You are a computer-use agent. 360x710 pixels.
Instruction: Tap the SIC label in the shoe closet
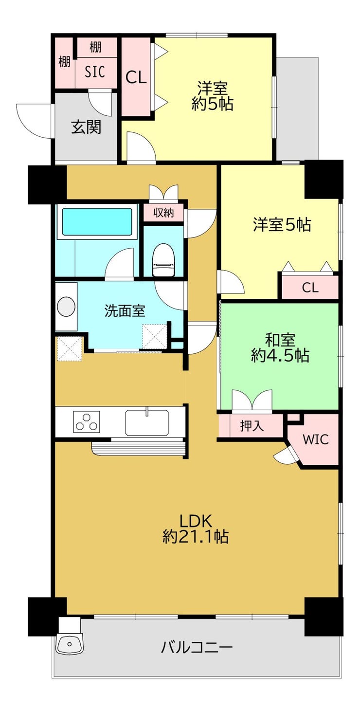pos(95,72)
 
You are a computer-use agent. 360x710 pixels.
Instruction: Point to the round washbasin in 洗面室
pos(66,307)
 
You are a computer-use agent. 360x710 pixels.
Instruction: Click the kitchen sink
pos(147,422)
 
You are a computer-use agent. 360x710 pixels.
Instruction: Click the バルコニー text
pos(197,647)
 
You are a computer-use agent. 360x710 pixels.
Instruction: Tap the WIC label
pos(316,439)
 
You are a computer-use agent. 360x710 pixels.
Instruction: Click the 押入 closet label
pos(252,426)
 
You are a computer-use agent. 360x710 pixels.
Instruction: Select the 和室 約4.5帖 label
pos(280,347)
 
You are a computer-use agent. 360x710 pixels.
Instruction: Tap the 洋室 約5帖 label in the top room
pos(212,96)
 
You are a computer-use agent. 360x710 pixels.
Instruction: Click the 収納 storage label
pos(164,213)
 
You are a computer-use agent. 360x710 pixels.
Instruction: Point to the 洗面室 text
pos(125,311)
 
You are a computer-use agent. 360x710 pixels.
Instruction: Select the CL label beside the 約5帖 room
pos(136,77)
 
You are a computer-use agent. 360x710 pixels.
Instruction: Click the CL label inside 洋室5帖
pos(310,288)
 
